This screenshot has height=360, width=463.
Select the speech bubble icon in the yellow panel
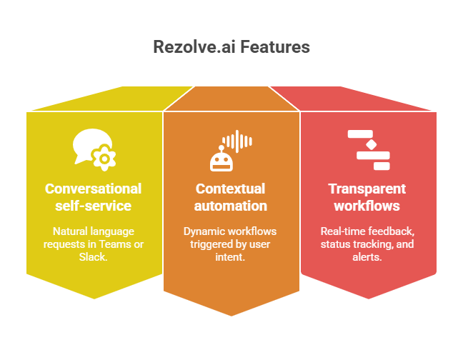(x=94, y=148)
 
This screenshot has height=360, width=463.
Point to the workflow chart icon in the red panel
(x=368, y=150)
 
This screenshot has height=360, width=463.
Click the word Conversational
(x=93, y=189)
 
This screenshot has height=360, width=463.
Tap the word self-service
(x=93, y=206)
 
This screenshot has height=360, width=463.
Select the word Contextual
(x=230, y=189)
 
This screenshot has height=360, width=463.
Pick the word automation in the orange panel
(x=230, y=206)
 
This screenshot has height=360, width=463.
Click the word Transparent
(x=367, y=189)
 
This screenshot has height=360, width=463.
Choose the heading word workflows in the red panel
(x=367, y=206)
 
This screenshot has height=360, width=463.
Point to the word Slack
(x=93, y=257)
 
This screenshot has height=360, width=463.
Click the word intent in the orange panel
(x=231, y=257)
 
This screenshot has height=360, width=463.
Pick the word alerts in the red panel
(x=367, y=257)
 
